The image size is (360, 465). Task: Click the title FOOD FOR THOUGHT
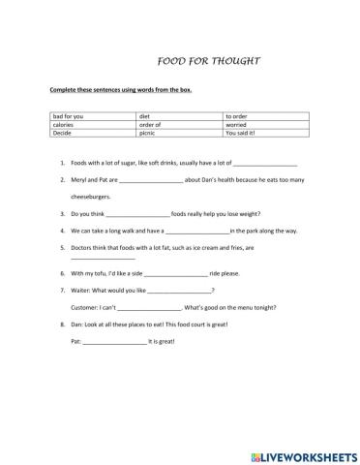click(207, 60)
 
